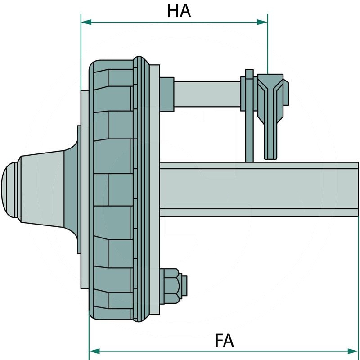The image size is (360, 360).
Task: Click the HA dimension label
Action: pyautogui.click(x=179, y=11)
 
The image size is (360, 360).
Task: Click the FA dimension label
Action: pyautogui.click(x=224, y=341)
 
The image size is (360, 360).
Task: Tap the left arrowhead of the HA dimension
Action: pyautogui.click(x=85, y=22)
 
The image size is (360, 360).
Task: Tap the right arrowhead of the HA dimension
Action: pyautogui.click(x=263, y=22)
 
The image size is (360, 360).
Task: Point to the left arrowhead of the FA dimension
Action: pyautogui.click(x=94, y=351)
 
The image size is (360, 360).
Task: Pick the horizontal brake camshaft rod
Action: pyautogui.click(x=207, y=94)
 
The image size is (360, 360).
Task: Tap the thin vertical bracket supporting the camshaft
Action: pyautogui.click(x=249, y=135)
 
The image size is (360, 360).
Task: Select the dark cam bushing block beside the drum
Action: pyautogui.click(x=166, y=94)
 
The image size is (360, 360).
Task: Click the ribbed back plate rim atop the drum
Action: pyautogui.click(x=142, y=63)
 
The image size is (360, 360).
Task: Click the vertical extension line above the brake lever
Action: pyautogui.click(x=268, y=45)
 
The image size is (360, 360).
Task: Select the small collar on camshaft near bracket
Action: pyautogui.click(x=243, y=93)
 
